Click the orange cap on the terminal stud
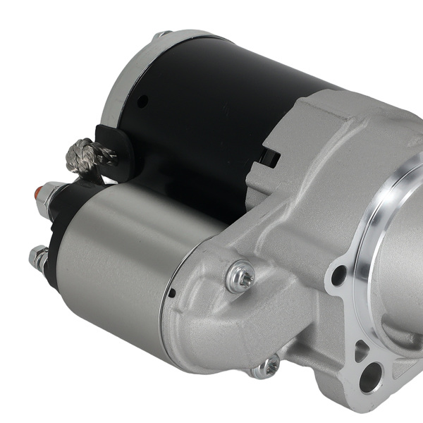(x=42, y=190)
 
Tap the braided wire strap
(x=82, y=156)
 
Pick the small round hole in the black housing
(x=142, y=102)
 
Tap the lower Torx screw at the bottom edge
(x=266, y=367)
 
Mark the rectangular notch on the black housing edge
(x=269, y=157)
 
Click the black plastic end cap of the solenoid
(x=56, y=233)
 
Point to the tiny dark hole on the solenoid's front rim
(x=171, y=293)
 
